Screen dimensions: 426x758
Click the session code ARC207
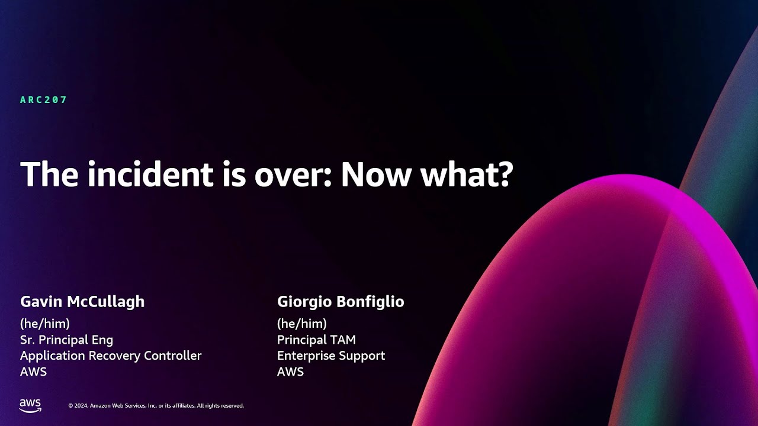[x=44, y=100]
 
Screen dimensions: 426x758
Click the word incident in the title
[x=140, y=175]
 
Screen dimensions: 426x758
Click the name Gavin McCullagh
[x=82, y=302]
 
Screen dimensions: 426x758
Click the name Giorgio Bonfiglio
[x=341, y=302]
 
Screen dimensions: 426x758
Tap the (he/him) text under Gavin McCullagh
[x=45, y=324]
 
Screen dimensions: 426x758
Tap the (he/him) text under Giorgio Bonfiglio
[x=302, y=324]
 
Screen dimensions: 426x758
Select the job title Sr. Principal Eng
[x=66, y=340]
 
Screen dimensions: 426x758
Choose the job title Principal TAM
[x=316, y=340]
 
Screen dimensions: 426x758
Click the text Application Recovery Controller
[x=111, y=356]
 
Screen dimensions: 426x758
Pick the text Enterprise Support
[x=331, y=356]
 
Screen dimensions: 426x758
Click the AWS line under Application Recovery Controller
[x=33, y=372]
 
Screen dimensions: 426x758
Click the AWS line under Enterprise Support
[x=290, y=372]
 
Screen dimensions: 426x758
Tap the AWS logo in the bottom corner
[x=30, y=405]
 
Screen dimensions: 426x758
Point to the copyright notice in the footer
[x=156, y=406]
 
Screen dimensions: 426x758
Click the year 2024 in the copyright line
[x=82, y=406]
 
